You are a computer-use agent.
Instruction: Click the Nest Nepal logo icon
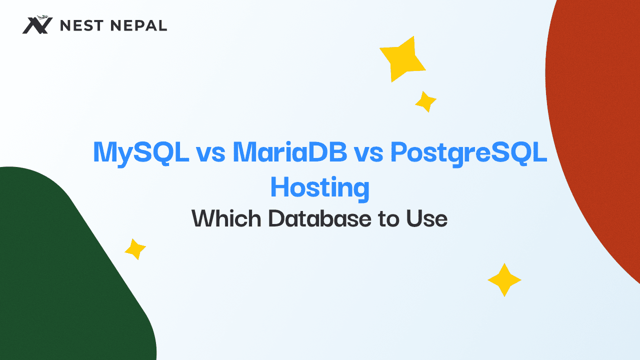37,25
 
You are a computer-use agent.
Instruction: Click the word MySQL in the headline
141,152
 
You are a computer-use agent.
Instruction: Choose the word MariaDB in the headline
290,152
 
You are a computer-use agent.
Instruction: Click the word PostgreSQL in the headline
468,153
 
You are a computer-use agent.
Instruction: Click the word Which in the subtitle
226,218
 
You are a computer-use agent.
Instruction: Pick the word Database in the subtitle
319,218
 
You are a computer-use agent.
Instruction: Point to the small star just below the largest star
425,101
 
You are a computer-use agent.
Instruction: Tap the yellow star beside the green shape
135,249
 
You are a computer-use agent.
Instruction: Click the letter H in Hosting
280,188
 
